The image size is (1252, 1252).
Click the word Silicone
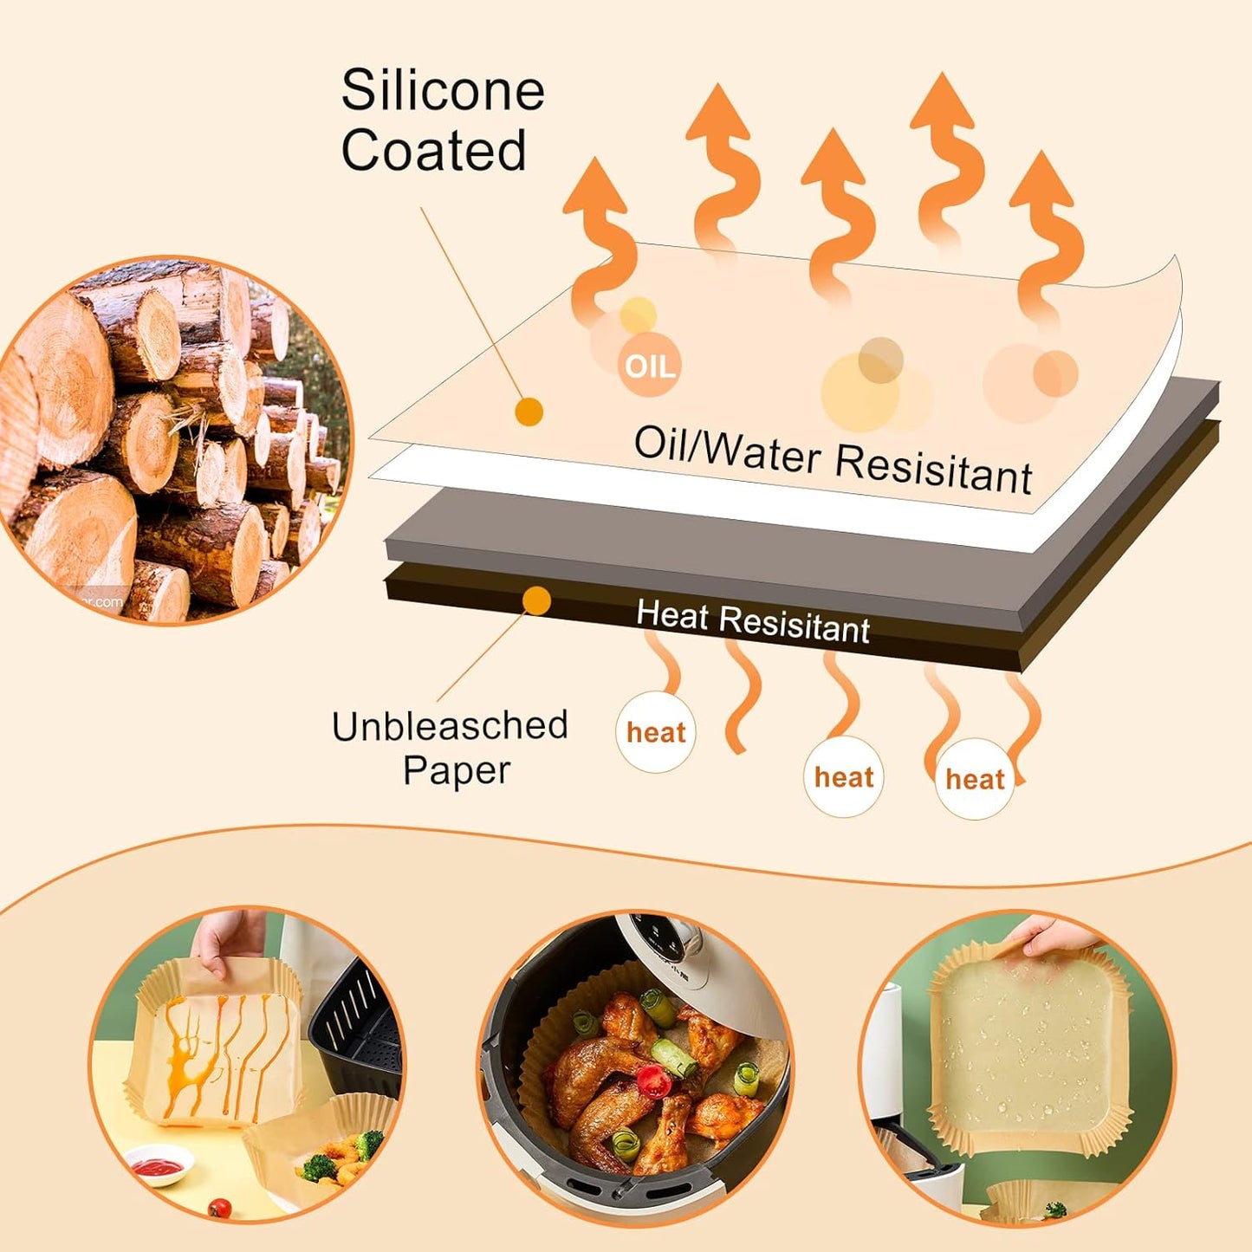tap(442, 90)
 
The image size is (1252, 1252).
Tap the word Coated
tap(433, 150)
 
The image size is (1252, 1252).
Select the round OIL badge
tap(649, 367)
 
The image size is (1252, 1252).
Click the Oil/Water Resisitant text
tap(833, 458)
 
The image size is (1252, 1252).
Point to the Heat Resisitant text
tap(752, 621)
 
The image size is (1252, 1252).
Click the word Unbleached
tap(450, 726)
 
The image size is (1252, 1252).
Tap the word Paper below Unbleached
tap(457, 770)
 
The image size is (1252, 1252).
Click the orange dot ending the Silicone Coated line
tap(529, 412)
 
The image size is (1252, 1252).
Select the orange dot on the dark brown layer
tap(537, 600)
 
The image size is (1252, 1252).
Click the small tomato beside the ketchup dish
tap(219, 1206)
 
